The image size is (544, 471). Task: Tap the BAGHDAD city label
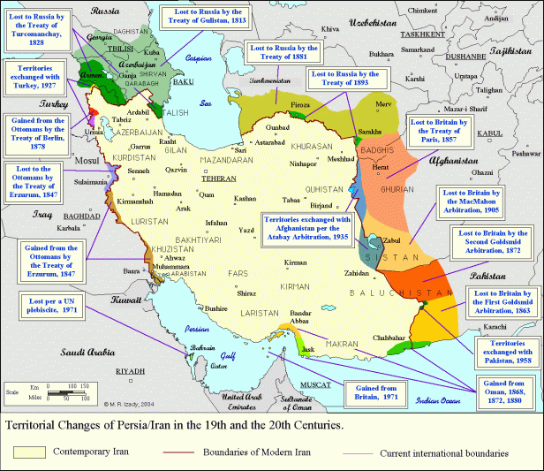pos(82,216)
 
